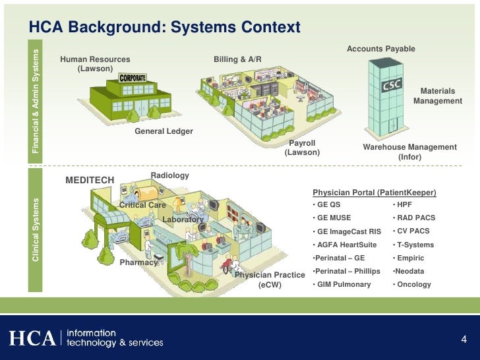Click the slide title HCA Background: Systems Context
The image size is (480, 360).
tap(164, 27)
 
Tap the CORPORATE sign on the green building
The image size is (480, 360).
tap(132, 77)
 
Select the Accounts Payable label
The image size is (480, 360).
tap(381, 49)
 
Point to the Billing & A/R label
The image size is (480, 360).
tap(237, 60)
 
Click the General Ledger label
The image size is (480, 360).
tap(164, 131)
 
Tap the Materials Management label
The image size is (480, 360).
tap(438, 96)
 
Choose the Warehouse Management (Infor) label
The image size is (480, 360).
tap(409, 152)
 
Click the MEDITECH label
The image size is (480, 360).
tap(90, 180)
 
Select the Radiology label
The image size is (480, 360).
tap(170, 175)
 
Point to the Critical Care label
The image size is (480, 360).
tap(142, 205)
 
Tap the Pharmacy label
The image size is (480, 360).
tap(138, 262)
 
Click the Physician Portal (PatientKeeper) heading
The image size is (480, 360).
tap(375, 193)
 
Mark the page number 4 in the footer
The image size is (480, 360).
tap(464, 340)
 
